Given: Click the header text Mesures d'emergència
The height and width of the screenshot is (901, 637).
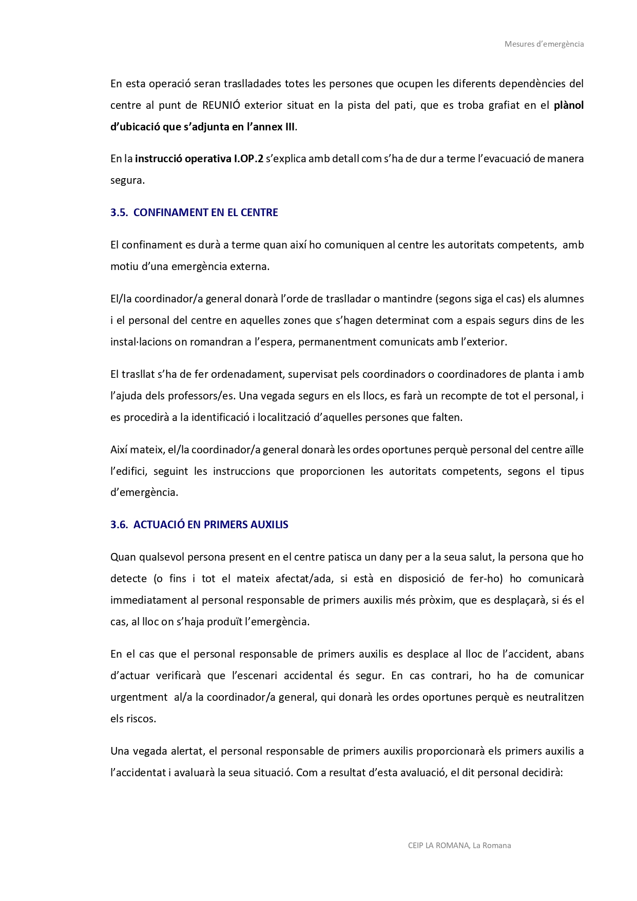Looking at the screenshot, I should tap(544, 44).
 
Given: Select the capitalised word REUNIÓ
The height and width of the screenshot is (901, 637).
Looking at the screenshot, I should tap(221, 105).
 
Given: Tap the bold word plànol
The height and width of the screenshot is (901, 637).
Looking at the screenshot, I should tap(569, 105).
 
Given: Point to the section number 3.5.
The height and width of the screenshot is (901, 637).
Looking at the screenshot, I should tap(119, 213).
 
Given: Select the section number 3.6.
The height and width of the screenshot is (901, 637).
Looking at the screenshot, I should tap(119, 525).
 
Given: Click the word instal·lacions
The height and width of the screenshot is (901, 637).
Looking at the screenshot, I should tap(141, 342).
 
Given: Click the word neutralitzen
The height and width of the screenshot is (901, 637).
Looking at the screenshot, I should tap(555, 697).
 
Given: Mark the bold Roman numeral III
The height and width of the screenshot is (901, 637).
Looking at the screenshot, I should tap(289, 127).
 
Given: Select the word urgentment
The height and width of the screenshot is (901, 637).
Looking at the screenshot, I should tap(139, 697).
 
